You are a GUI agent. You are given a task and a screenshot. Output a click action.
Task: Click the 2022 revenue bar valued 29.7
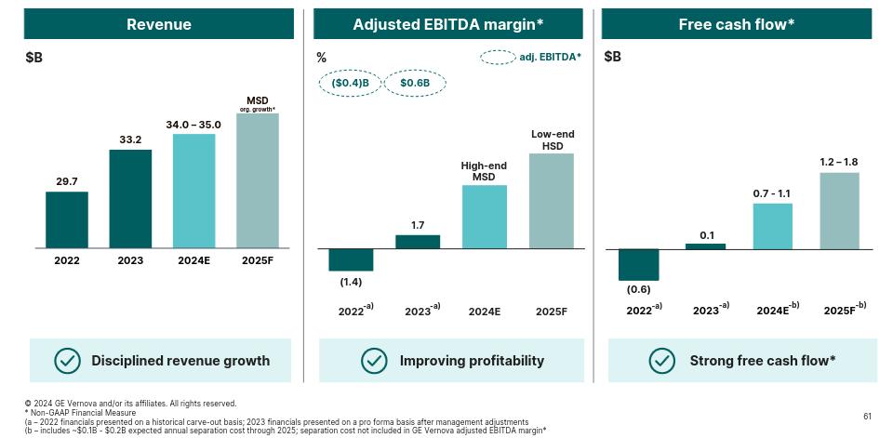pyautogui.click(x=67, y=219)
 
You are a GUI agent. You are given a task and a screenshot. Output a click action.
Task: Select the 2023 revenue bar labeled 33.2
pyautogui.click(x=130, y=198)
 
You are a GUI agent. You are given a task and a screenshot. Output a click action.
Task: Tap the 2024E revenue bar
pyautogui.click(x=193, y=191)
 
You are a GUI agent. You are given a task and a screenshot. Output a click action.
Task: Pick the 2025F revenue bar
pyautogui.click(x=258, y=180)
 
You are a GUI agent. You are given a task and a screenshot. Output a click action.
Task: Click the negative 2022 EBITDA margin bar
pyautogui.click(x=351, y=259)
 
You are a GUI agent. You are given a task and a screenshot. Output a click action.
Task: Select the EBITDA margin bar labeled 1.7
pyautogui.click(x=418, y=242)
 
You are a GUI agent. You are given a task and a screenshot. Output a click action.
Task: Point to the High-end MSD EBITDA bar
pyautogui.click(x=484, y=217)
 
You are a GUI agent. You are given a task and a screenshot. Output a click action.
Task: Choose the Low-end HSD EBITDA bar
pyautogui.click(x=552, y=201)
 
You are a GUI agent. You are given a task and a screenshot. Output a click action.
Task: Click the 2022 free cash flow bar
pyautogui.click(x=639, y=264)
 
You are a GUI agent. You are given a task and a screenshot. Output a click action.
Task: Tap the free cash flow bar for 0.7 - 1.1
pyautogui.click(x=772, y=226)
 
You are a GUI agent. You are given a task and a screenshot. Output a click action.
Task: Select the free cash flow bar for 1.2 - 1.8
pyautogui.click(x=839, y=210)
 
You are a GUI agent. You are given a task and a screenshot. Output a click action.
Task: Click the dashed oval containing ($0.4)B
pyautogui.click(x=351, y=83)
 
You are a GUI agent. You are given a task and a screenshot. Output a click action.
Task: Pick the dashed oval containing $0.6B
pyautogui.click(x=415, y=83)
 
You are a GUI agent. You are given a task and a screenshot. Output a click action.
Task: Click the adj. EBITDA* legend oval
pyautogui.click(x=498, y=58)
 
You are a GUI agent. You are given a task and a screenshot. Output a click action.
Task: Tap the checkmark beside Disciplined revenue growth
pyautogui.click(x=67, y=360)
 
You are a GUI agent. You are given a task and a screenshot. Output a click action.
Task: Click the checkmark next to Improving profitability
pyautogui.click(x=374, y=360)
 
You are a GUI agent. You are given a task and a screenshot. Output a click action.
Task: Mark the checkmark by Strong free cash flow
pyautogui.click(x=662, y=360)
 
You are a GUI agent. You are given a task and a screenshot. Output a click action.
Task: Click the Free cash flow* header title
pyautogui.click(x=736, y=24)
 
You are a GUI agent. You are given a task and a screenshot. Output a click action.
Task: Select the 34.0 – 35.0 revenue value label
pyautogui.click(x=193, y=124)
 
